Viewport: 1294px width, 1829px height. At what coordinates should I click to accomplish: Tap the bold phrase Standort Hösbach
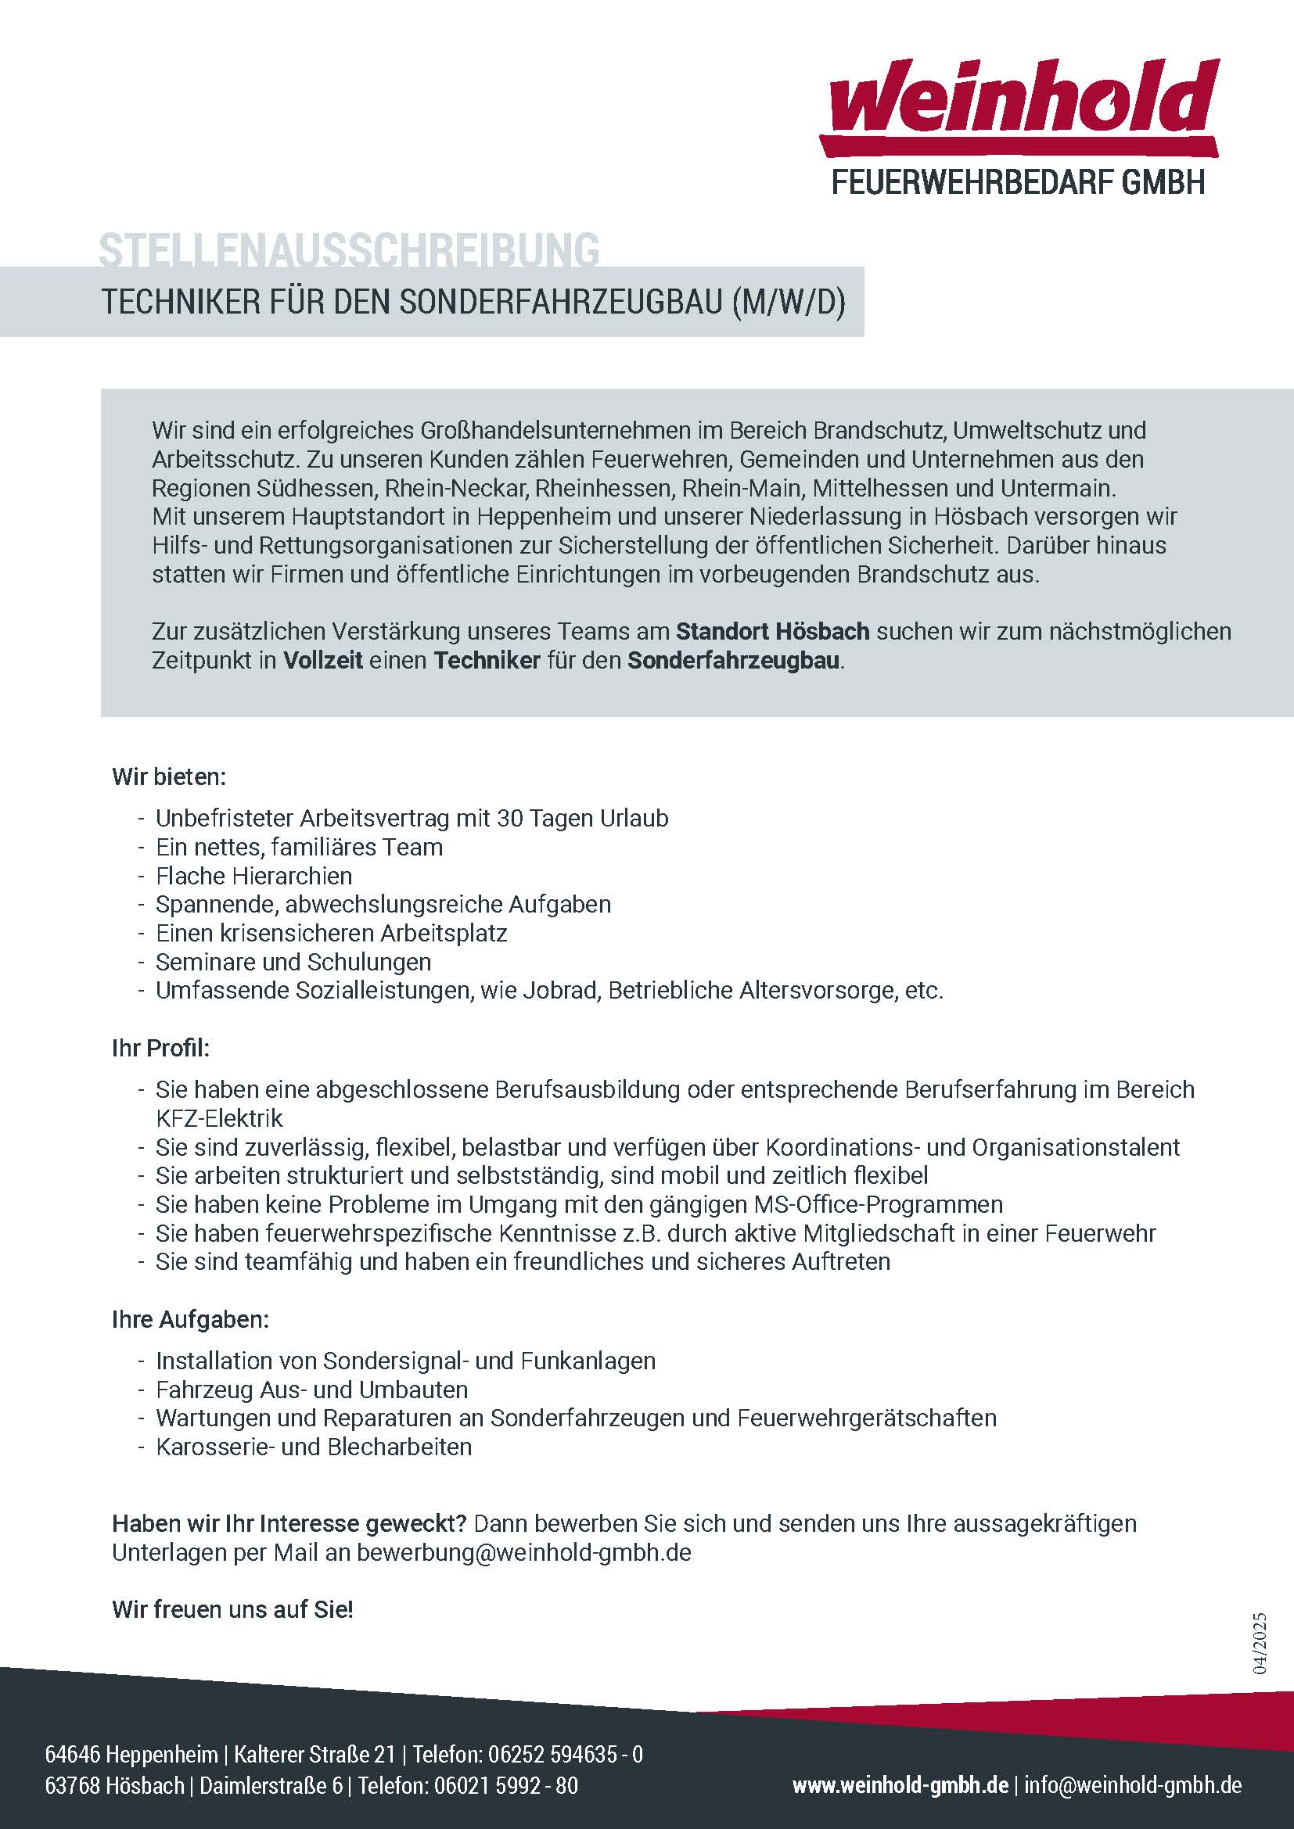pos(772,632)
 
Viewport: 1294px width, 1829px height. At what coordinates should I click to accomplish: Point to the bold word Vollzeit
pos(322,661)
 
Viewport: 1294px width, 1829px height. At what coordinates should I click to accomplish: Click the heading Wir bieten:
pos(169,776)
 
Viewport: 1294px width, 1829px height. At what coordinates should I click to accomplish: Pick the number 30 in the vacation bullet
pos(510,818)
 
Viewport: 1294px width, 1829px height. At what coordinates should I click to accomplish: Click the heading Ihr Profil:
pos(160,1049)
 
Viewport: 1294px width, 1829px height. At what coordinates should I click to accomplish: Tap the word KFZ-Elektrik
pos(219,1118)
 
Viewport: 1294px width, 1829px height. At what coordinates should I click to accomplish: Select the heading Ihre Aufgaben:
pos(190,1320)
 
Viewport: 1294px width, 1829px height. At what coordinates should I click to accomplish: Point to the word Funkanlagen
pos(588,1361)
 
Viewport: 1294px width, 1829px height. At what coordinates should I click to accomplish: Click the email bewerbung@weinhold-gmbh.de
pos(523,1553)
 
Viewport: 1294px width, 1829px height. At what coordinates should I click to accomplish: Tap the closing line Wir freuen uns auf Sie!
pos(232,1610)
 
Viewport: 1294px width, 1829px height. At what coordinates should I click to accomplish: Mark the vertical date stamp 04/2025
pos(1259,1644)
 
